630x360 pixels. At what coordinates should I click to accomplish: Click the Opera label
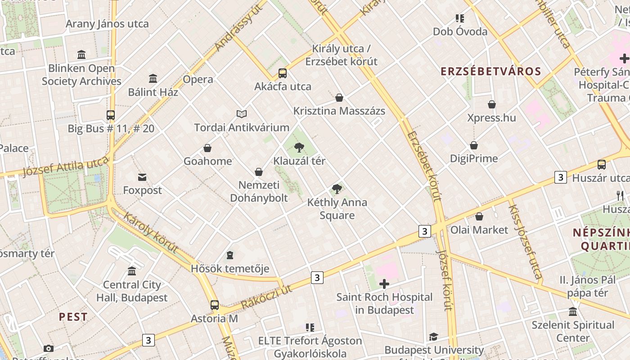point(198,80)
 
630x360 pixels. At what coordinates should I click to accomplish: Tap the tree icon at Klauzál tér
point(299,148)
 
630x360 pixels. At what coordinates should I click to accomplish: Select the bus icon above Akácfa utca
point(283,73)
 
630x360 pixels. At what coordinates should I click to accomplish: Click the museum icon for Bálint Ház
point(153,79)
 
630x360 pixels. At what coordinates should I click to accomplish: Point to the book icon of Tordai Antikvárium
point(242,114)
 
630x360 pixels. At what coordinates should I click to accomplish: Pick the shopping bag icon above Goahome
point(207,148)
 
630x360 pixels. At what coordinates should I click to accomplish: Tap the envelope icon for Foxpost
point(142,177)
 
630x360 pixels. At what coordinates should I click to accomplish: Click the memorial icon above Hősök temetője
point(230,256)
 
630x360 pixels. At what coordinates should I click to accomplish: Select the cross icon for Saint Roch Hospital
point(384,284)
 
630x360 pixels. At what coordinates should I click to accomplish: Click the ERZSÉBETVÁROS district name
point(490,72)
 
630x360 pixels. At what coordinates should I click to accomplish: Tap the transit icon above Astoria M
point(215,305)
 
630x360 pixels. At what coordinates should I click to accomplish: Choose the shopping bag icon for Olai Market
point(479,216)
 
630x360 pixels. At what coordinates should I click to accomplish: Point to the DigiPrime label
point(474,158)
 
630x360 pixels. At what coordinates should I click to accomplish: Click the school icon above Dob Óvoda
point(459,18)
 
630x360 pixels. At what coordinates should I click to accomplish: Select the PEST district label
point(73,317)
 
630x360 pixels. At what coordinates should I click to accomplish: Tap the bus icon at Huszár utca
point(602,165)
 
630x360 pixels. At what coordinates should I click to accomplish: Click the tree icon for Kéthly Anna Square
point(337,189)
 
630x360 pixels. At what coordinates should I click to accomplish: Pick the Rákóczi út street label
point(266,297)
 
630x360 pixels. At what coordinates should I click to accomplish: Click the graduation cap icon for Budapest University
point(433,337)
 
